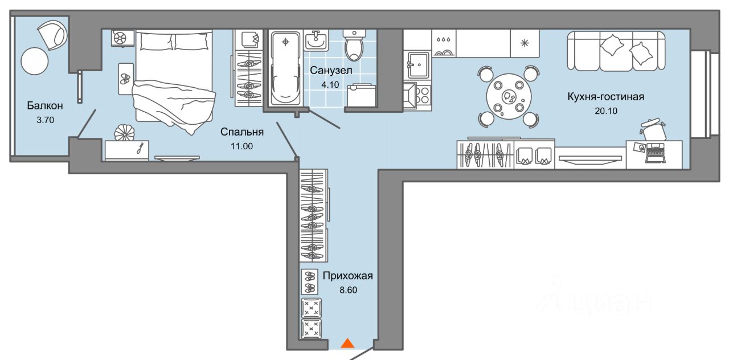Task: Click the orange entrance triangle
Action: pyautogui.click(x=347, y=343)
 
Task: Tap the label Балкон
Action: pyautogui.click(x=44, y=106)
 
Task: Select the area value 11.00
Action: pyautogui.click(x=242, y=146)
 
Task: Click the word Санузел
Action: pyautogui.click(x=331, y=71)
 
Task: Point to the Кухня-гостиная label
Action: pyautogui.click(x=605, y=97)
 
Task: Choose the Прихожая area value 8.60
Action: pyautogui.click(x=348, y=289)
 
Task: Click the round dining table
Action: pyautogui.click(x=508, y=97)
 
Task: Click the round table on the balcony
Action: pyautogui.click(x=35, y=60)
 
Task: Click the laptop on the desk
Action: pyautogui.click(x=654, y=154)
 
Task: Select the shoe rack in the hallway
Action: pyautogui.click(x=310, y=281)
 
